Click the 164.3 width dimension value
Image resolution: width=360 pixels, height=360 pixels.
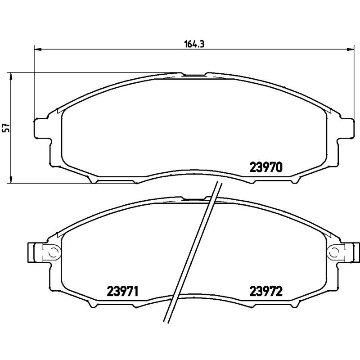[x=192, y=44]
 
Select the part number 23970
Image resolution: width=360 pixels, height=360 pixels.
[x=265, y=167]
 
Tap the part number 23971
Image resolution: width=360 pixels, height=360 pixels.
[x=122, y=292]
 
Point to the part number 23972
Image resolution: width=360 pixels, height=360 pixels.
[x=265, y=292]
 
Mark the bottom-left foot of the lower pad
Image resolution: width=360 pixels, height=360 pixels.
[x=94, y=306]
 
